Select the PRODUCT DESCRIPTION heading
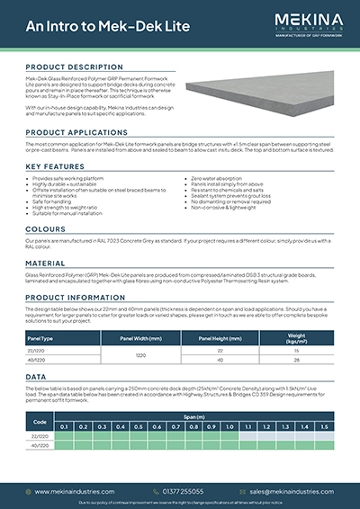click(75, 67)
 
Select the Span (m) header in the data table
click(194, 418)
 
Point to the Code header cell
click(40, 423)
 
